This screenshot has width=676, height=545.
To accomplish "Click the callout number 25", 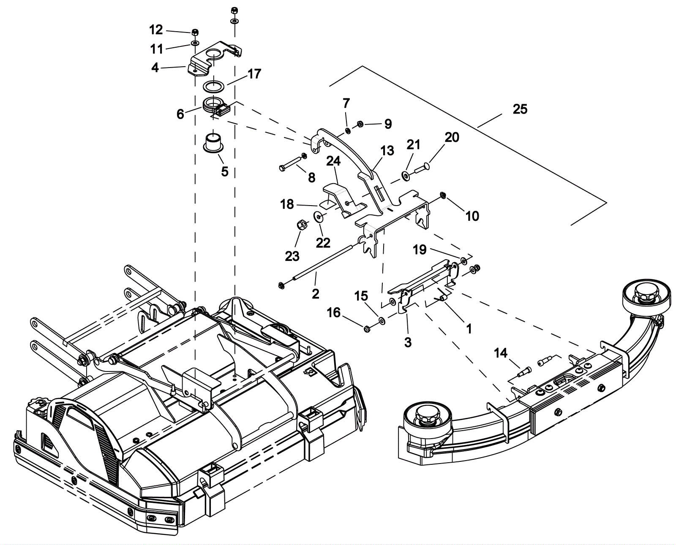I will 520,109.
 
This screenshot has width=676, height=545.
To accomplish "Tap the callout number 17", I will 254,74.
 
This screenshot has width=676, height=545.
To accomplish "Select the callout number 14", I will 501,353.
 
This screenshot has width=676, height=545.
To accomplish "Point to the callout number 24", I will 333,161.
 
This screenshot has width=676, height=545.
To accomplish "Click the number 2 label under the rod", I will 316,293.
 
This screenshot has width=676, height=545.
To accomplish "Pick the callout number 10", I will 472,216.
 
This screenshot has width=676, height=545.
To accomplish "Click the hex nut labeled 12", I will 195,32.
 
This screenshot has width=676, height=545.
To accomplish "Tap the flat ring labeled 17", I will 214,87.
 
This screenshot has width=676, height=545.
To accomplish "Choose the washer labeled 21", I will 405,175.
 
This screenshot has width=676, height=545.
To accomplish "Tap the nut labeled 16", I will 367,328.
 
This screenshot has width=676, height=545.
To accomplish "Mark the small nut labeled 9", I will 360,124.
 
